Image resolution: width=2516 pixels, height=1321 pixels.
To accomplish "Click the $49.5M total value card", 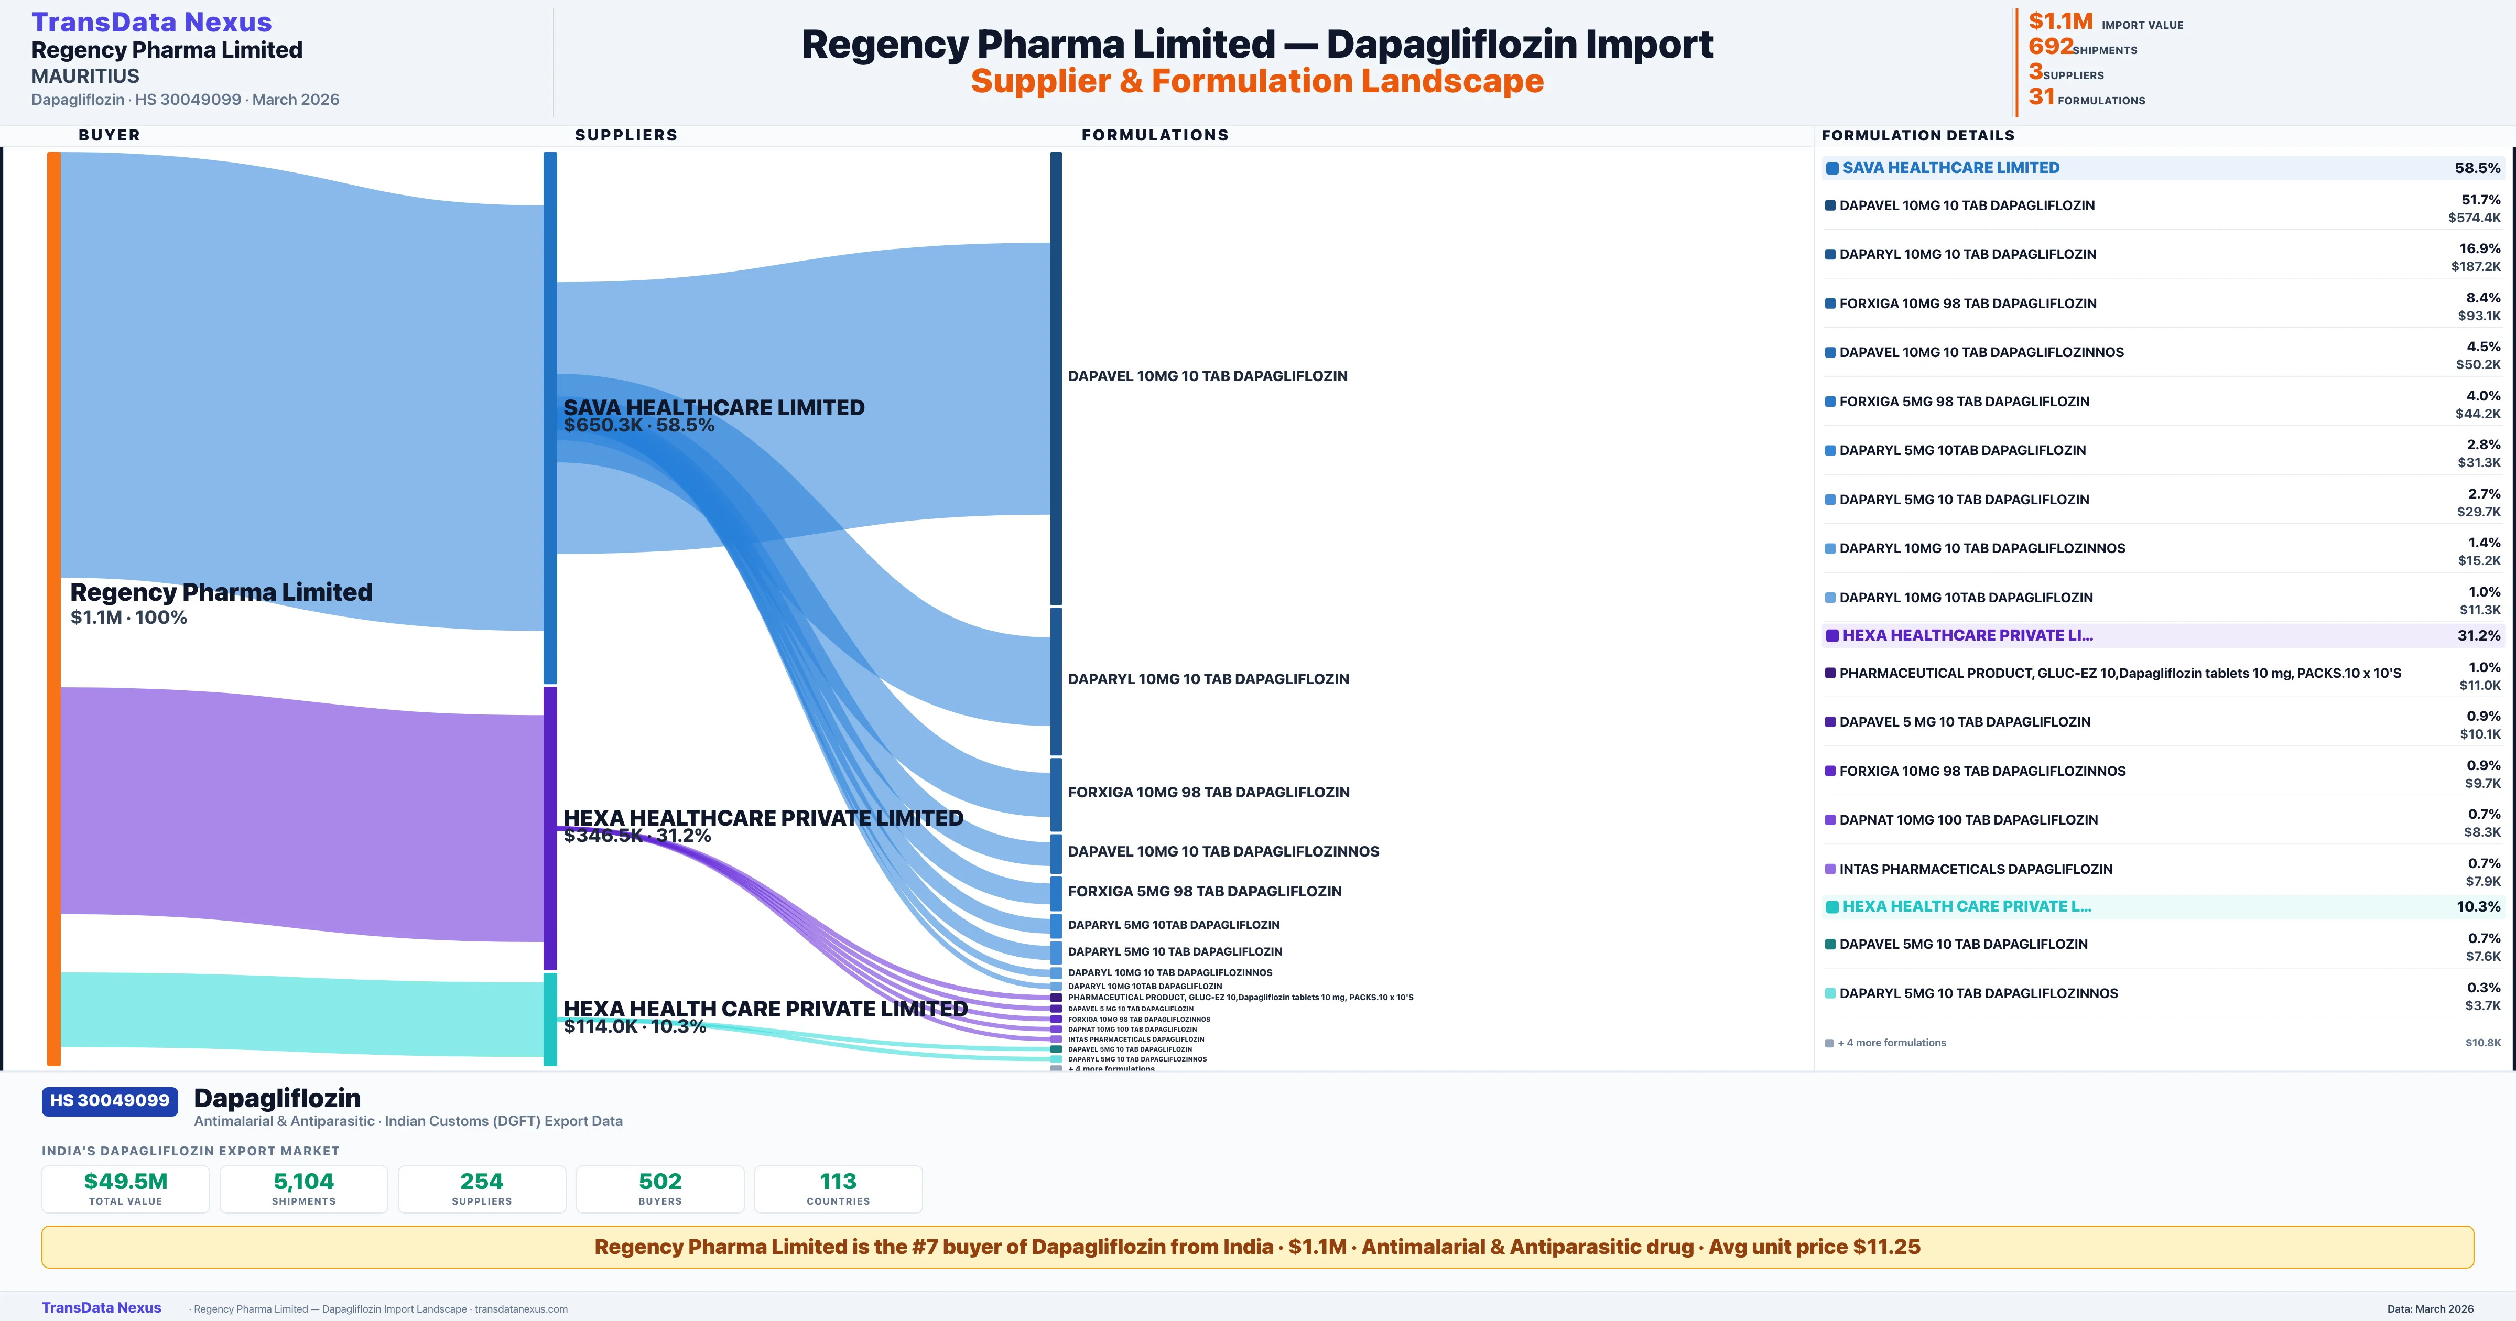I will pyautogui.click(x=126, y=1188).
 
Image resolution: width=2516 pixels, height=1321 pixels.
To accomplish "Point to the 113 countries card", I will pyautogui.click(x=838, y=1188).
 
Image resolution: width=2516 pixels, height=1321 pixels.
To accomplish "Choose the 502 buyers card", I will pyautogui.click(x=660, y=1188).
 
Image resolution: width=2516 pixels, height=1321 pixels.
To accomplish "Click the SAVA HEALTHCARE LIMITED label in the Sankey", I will pyautogui.click(x=713, y=407).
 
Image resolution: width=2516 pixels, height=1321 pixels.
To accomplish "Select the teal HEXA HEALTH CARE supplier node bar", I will pyautogui.click(x=550, y=1019).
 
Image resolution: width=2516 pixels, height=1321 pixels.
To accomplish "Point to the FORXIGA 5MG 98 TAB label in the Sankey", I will pyautogui.click(x=1205, y=891).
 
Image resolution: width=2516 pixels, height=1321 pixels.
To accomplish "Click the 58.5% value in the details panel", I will pyautogui.click(x=2477, y=168).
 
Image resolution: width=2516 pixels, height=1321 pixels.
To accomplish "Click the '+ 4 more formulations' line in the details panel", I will pyautogui.click(x=1891, y=1043).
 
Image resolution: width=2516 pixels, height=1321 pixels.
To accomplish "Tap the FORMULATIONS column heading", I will pyautogui.click(x=1154, y=135).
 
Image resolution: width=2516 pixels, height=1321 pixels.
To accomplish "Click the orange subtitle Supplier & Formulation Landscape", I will pyautogui.click(x=1257, y=81).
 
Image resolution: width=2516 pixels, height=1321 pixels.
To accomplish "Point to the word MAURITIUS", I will pyautogui.click(x=85, y=76).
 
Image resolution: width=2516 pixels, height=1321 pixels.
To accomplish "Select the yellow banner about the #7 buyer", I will pyautogui.click(x=1257, y=1247).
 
